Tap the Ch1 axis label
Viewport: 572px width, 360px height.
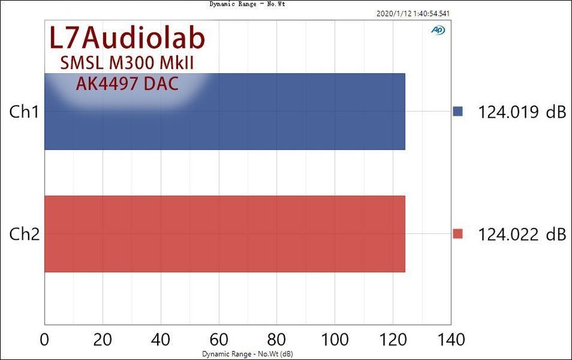pyautogui.click(x=25, y=112)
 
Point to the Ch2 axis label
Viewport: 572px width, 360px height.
pyautogui.click(x=25, y=234)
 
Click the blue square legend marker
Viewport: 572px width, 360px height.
pyautogui.click(x=458, y=112)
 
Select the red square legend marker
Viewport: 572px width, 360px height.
pyautogui.click(x=458, y=234)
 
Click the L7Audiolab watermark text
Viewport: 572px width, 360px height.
pyautogui.click(x=127, y=39)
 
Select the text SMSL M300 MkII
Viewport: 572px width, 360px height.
pyautogui.click(x=126, y=64)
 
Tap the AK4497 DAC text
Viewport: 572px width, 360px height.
pyautogui.click(x=126, y=83)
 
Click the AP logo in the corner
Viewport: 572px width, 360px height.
pyautogui.click(x=438, y=30)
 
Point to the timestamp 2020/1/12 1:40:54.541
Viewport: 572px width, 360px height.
pyautogui.click(x=414, y=13)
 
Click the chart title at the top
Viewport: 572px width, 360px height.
pyautogui.click(x=247, y=4)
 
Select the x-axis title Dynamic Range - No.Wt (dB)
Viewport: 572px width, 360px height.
pyautogui.click(x=247, y=354)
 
